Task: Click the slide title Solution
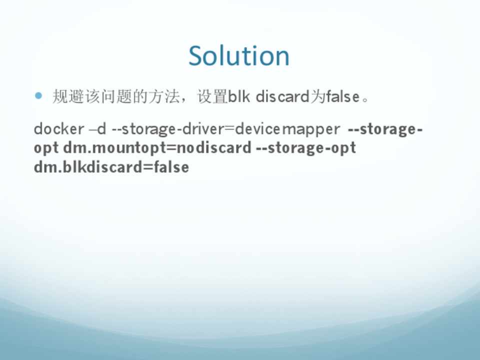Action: [x=239, y=55]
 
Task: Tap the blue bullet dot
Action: [x=38, y=96]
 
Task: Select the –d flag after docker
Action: [x=97, y=128]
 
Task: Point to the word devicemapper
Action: [x=287, y=129]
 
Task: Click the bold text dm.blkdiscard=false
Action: [x=111, y=167]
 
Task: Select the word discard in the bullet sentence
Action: [x=282, y=96]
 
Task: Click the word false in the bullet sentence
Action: [x=342, y=96]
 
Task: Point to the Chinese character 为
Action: [x=317, y=96]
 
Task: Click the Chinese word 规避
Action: [x=68, y=96]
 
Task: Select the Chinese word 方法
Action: [x=164, y=96]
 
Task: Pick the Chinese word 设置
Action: [x=212, y=96]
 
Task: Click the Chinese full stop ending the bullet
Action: [x=365, y=99]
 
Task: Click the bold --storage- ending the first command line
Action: [x=385, y=129]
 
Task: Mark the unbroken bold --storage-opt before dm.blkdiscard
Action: [x=306, y=148]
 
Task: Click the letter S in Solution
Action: [x=196, y=55]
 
